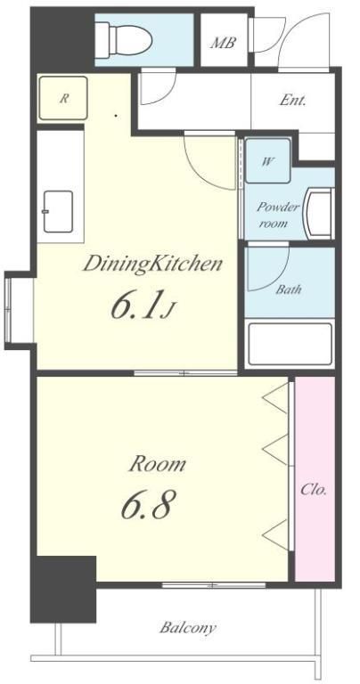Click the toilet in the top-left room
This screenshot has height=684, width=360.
[124, 40]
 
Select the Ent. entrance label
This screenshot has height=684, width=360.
[292, 101]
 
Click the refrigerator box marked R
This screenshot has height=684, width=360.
[63, 98]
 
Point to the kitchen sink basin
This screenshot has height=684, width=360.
[58, 212]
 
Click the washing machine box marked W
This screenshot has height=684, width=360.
[267, 161]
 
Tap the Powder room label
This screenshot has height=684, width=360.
[278, 215]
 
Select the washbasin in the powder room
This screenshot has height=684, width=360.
[320, 214]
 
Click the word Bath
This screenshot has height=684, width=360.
[289, 289]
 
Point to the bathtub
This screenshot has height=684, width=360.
[290, 344]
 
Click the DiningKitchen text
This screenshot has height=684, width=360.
[152, 265]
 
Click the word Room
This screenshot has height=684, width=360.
[157, 464]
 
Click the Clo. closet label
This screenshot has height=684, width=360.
[314, 490]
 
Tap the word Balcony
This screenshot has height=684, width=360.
[188, 628]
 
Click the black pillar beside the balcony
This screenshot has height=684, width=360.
[63, 589]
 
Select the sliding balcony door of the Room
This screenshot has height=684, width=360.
[214, 584]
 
